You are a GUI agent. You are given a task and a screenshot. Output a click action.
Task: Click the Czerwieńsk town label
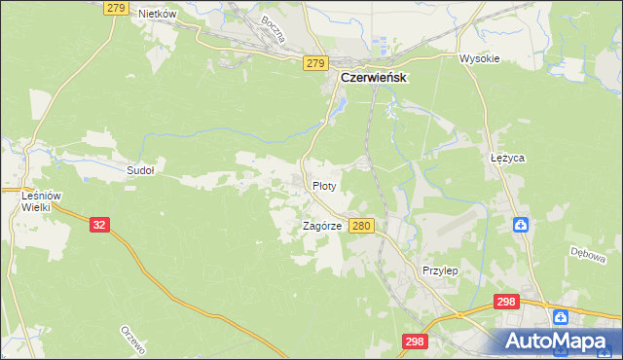[x=373, y=78]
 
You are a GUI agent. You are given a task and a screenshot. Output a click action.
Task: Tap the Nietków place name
[x=157, y=14]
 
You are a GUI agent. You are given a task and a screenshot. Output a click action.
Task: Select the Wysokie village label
[x=479, y=58]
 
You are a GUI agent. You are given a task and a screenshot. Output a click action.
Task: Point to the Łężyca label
[x=507, y=157]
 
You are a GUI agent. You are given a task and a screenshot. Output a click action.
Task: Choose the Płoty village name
[x=324, y=185]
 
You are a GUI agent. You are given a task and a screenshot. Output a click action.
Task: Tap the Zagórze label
[x=321, y=226]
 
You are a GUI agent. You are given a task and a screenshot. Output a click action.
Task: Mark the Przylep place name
[x=440, y=270]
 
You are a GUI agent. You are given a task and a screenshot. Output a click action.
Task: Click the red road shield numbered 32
[x=99, y=225]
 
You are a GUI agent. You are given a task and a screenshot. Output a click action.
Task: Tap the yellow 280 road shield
[x=361, y=226]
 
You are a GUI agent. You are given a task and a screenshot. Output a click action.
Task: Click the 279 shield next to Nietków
[x=115, y=8]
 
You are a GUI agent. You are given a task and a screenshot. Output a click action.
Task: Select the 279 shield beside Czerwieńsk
[x=313, y=63]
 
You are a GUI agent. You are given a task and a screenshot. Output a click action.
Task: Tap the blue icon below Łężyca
[x=521, y=226]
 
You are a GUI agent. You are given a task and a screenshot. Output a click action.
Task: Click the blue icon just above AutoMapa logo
[x=561, y=317]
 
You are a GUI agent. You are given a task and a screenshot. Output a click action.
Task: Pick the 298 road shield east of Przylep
[x=505, y=303]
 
